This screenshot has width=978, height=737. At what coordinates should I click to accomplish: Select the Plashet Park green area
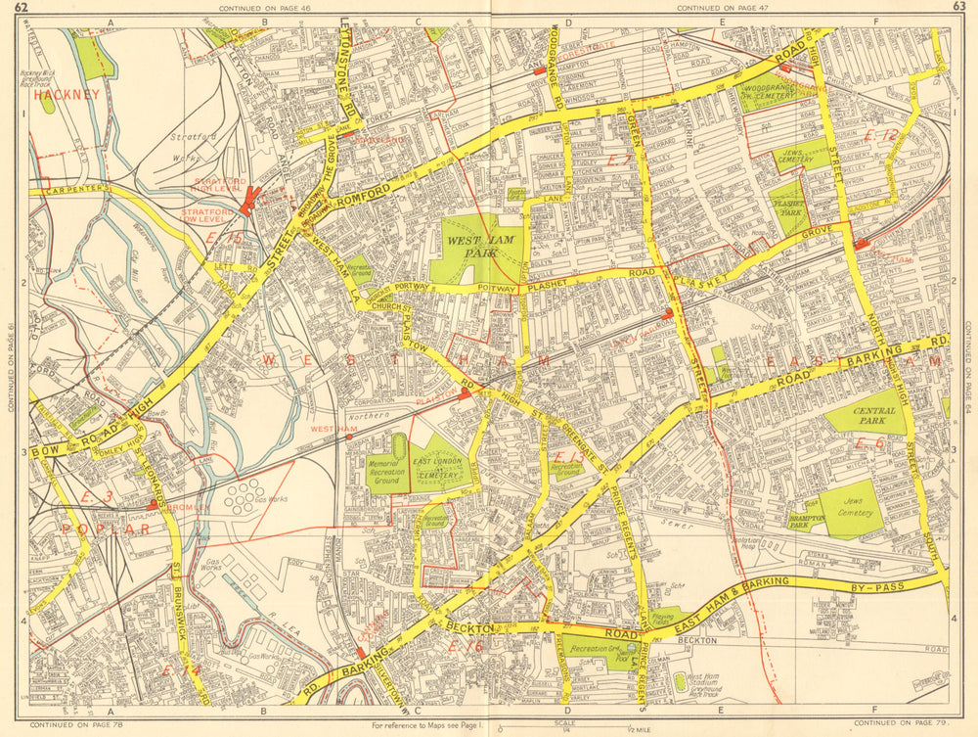click(789, 207)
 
